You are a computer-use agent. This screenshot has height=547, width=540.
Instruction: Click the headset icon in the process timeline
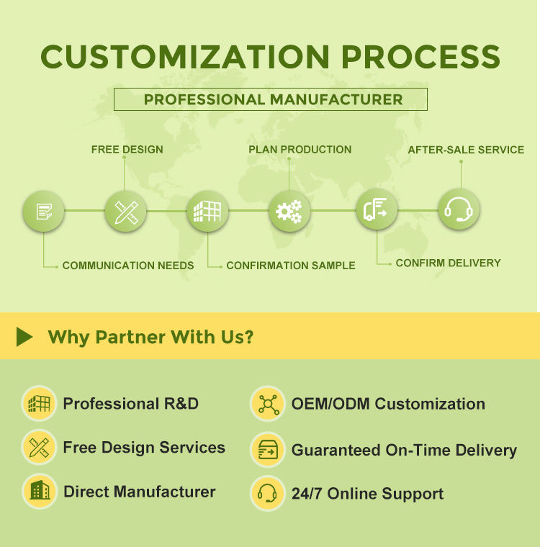[x=459, y=209]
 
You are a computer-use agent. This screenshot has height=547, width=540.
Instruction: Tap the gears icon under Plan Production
[x=289, y=211]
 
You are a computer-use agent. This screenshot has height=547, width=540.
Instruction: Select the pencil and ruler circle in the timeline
[x=126, y=212]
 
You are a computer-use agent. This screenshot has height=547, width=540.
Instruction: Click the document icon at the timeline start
[x=44, y=212]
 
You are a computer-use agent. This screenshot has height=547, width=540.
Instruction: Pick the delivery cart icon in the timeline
[x=377, y=209]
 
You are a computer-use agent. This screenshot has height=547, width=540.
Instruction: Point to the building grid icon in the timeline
[x=207, y=212]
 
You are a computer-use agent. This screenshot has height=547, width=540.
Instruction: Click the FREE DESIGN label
[x=127, y=149]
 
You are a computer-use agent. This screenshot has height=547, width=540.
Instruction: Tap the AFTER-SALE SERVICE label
[x=466, y=150]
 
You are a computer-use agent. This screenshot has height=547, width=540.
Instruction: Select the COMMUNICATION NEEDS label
[x=128, y=266]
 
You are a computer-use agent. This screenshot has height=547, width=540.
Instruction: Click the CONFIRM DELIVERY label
[x=448, y=263]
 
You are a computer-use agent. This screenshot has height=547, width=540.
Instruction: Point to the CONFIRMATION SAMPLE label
[x=291, y=266]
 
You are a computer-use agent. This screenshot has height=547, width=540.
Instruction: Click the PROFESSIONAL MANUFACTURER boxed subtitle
[x=271, y=99]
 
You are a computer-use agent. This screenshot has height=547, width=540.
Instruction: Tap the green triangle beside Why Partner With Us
[x=24, y=337]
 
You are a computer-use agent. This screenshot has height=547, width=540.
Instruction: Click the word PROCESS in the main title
[x=420, y=57]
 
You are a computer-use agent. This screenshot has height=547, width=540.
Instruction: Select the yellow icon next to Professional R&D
[x=39, y=404]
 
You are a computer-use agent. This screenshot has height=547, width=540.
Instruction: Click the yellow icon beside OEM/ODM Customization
[x=268, y=404]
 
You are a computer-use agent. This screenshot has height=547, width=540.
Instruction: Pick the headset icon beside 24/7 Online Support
[x=268, y=493]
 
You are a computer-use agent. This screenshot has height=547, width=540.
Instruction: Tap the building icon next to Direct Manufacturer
[x=40, y=491]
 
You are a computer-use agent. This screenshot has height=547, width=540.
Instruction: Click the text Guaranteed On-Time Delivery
[x=404, y=450]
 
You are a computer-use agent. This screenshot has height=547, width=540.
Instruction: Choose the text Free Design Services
[x=144, y=447]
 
